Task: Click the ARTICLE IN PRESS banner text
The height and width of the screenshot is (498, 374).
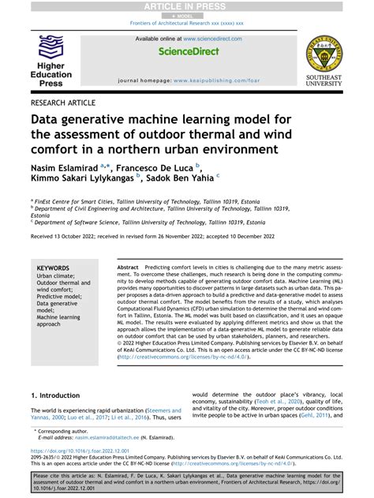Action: point(186,6)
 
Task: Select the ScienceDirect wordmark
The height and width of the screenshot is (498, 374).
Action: point(187,52)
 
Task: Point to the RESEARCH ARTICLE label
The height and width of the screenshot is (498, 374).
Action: point(63,103)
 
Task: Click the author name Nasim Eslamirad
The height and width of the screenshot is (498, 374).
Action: point(65,167)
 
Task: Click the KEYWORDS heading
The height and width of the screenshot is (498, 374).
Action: point(53,268)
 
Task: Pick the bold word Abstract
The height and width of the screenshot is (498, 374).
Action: point(128,268)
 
